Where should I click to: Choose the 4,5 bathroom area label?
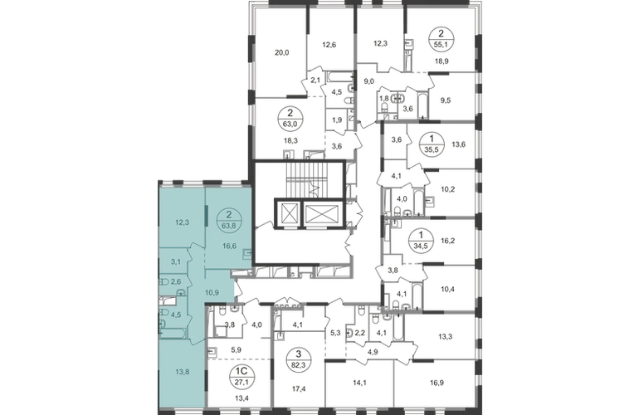(175, 315)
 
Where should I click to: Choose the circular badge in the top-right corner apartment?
(436, 39)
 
